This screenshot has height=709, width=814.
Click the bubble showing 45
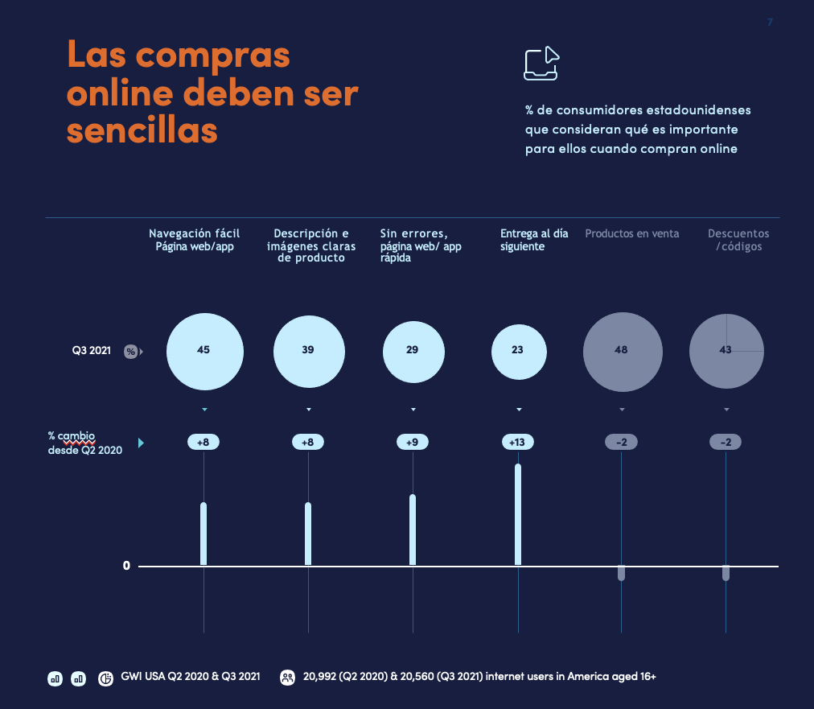(x=204, y=350)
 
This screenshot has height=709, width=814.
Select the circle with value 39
(x=309, y=351)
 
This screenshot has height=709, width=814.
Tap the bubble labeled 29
(x=413, y=351)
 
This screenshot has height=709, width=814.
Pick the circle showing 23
(x=518, y=351)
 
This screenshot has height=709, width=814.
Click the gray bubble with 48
(x=622, y=351)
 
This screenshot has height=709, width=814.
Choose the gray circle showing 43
(x=726, y=351)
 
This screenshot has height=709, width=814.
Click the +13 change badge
(x=517, y=442)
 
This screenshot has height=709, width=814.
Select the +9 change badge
(x=413, y=442)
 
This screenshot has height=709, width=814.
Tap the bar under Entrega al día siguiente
(x=518, y=514)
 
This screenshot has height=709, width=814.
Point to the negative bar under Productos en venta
(x=622, y=573)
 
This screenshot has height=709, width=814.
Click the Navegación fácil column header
(x=195, y=240)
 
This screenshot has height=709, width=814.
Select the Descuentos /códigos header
(x=738, y=240)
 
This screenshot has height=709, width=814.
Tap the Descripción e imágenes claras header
(x=311, y=245)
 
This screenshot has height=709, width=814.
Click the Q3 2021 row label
(x=90, y=351)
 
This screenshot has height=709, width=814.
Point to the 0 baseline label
(x=126, y=566)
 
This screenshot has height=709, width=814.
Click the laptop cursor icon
(x=541, y=64)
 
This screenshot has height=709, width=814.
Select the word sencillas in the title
(x=142, y=128)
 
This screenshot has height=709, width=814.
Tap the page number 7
(x=770, y=22)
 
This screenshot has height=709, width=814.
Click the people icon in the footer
(x=287, y=678)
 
